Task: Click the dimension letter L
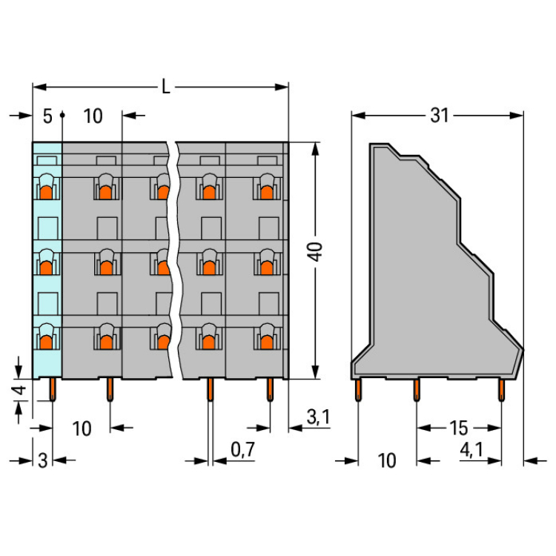tap(165, 87)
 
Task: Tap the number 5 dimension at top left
tap(47, 116)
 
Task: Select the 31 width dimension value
tap(440, 115)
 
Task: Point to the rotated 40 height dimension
tap(315, 251)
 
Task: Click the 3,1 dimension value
tap(318, 417)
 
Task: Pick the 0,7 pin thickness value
tap(242, 450)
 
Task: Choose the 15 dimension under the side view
tap(458, 428)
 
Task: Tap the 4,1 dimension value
tap(471, 450)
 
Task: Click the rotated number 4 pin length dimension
tap(20, 390)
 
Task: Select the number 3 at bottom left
tap(42, 460)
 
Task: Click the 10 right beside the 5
tap(93, 116)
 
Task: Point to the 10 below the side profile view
tap(386, 460)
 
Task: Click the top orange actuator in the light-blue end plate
tap(46, 193)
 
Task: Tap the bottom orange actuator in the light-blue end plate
tap(46, 342)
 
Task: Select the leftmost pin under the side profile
tap(358, 390)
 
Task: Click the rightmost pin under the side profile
tap(501, 390)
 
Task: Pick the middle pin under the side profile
tap(417, 390)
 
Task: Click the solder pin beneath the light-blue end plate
tap(53, 389)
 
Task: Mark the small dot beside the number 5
tap(62, 115)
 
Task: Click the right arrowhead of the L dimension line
tap(282, 87)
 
